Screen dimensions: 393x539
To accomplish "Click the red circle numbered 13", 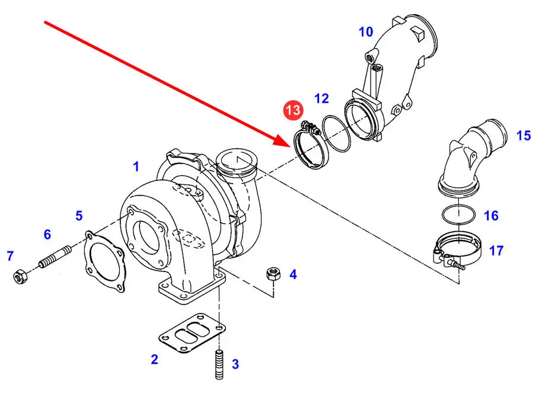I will (x=292, y=110).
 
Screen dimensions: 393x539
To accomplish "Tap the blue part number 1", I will (x=136, y=167).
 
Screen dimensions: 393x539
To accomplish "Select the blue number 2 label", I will (x=155, y=359).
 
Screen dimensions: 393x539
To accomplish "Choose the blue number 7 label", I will (x=10, y=256).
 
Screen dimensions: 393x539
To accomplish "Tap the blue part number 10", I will (x=366, y=31).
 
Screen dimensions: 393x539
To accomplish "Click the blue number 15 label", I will (x=524, y=136).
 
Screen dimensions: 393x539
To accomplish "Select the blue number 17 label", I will (x=496, y=251).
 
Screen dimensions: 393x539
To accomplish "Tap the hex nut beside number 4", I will (x=273, y=274).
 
